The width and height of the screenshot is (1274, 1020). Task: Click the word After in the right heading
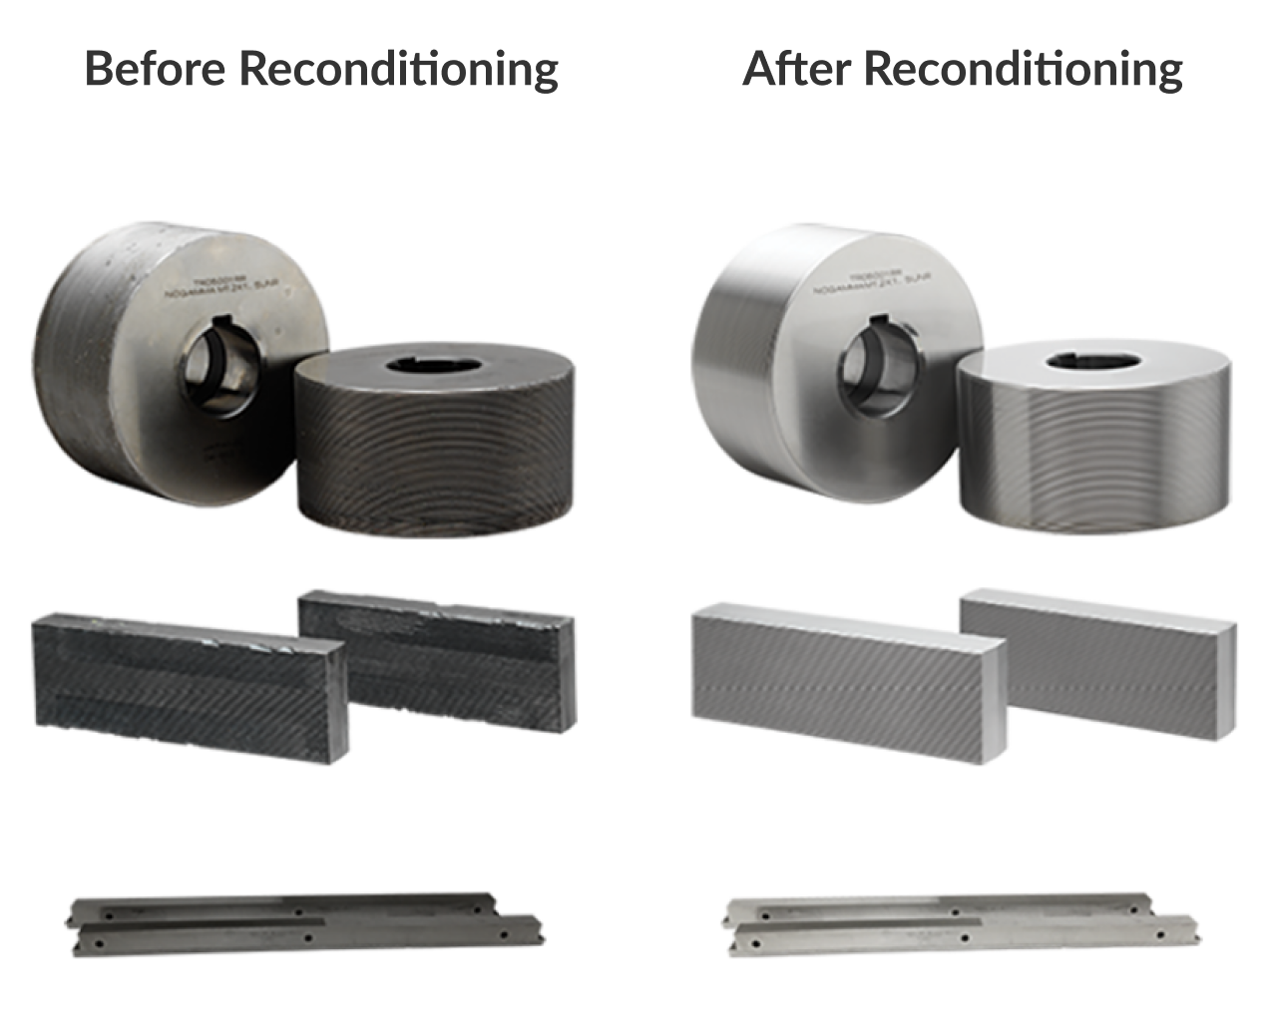(x=797, y=69)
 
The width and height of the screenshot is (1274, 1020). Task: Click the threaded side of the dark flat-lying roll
(x=434, y=459)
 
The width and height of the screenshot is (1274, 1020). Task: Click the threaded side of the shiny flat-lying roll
(x=1092, y=454)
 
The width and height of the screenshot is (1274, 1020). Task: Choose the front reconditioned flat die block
(x=848, y=688)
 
